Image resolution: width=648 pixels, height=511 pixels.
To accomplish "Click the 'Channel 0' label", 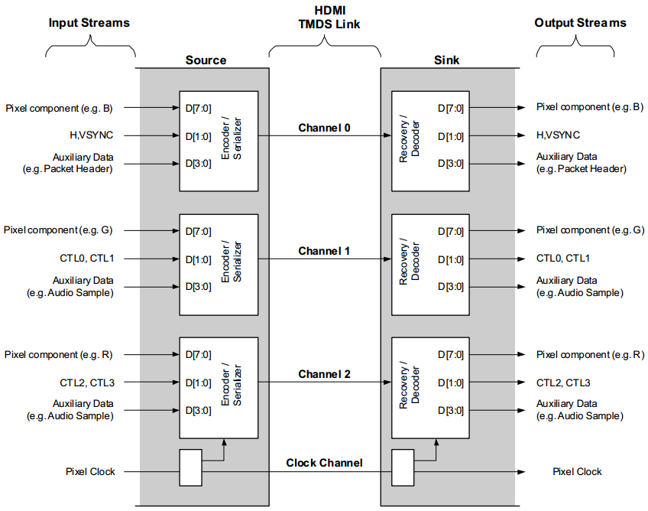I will tap(324, 128).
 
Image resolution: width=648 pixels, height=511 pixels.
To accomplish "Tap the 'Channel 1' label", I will tap(324, 251).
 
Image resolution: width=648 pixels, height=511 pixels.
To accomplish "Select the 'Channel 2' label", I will tap(324, 374).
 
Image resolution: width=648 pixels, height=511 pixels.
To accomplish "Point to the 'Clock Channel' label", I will tap(324, 463).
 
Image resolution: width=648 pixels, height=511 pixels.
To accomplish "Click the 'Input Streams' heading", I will tap(89, 23).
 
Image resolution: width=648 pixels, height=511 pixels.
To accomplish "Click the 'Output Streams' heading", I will tap(581, 23).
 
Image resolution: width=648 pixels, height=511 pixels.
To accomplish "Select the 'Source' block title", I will tap(206, 60).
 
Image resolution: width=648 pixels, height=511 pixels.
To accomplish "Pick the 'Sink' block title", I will tap(447, 60).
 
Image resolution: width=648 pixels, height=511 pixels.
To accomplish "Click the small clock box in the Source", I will tap(191, 467).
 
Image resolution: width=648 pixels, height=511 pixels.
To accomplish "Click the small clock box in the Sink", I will tap(403, 467).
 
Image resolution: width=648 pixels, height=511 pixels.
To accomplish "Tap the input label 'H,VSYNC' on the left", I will tap(92, 135).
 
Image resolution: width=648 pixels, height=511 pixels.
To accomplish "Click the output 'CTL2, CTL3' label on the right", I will tap(563, 382).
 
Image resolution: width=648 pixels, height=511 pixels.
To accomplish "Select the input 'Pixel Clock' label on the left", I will tap(90, 472).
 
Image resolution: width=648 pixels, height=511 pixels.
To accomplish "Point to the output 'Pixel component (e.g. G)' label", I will tap(589, 230).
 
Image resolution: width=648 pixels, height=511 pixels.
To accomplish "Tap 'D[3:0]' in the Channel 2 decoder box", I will tap(450, 411).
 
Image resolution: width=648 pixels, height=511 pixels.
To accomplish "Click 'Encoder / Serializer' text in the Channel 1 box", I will tap(231, 264).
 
